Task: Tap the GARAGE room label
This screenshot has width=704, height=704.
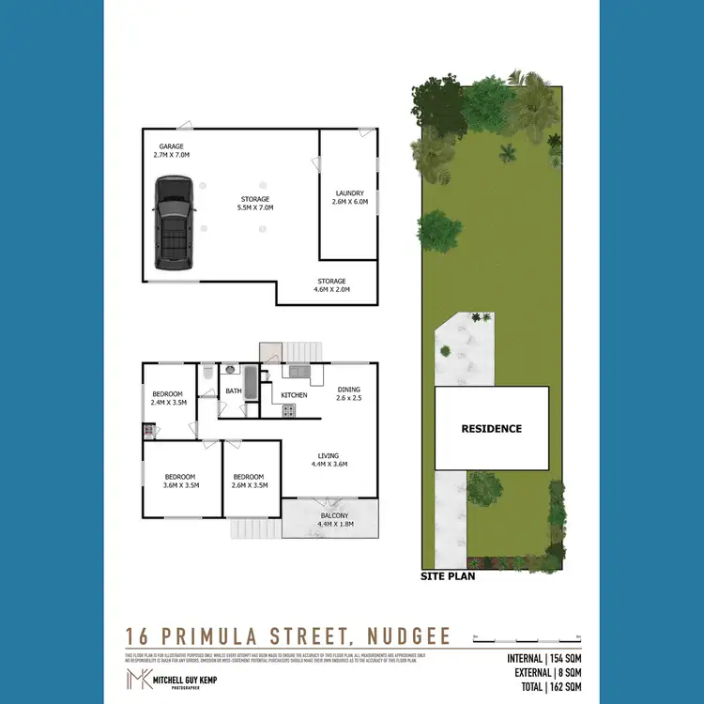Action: [171, 146]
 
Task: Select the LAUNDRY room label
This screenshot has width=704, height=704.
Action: [348, 193]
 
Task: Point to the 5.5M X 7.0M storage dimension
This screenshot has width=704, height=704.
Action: [254, 207]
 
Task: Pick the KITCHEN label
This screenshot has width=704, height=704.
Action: [295, 395]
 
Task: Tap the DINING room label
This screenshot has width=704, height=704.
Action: [348, 389]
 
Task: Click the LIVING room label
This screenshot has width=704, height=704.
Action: [328, 455]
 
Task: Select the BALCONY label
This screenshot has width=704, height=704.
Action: [334, 515]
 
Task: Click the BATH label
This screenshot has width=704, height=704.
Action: [234, 390]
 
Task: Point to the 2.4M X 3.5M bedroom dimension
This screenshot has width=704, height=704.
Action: [168, 402]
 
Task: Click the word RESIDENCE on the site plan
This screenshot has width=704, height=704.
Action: [491, 428]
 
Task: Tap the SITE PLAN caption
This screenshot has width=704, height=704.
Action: [448, 576]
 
